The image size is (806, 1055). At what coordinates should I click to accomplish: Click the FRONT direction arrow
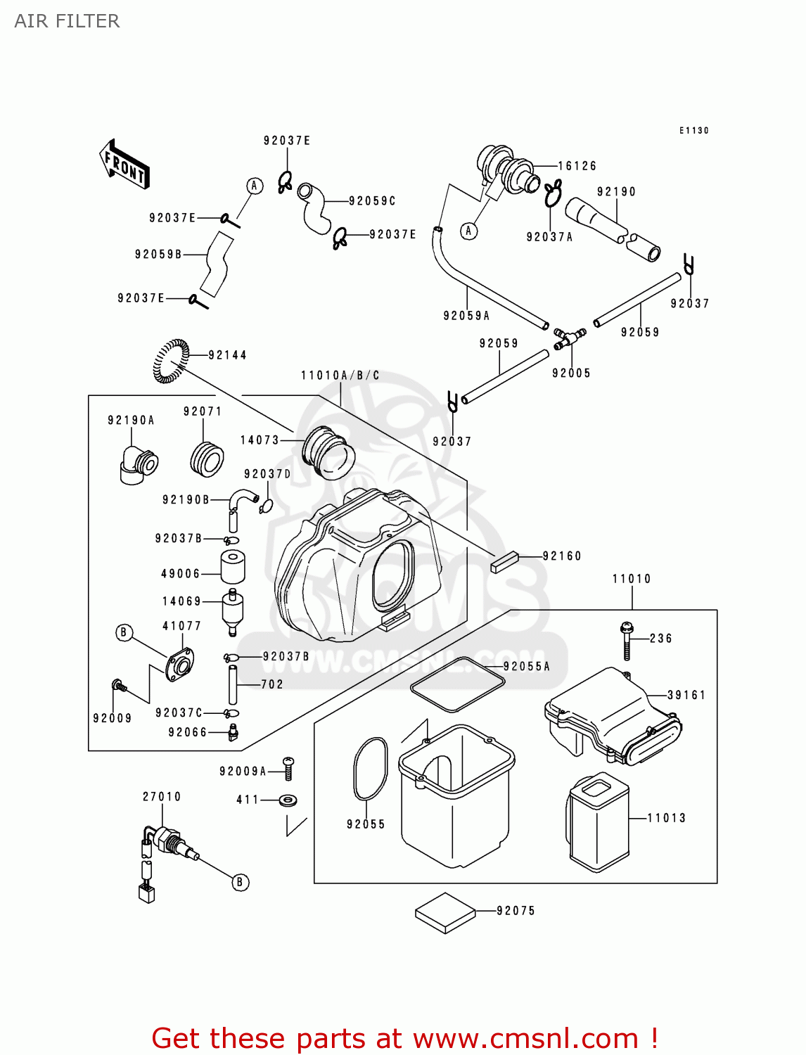point(124,165)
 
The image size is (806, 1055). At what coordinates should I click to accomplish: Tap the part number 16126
point(577,166)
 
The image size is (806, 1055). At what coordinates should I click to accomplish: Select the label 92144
point(227,355)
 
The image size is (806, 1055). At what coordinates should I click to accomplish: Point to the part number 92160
point(562,556)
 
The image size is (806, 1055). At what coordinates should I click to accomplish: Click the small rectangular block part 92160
point(504,562)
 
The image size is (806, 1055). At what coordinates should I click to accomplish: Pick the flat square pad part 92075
point(446,913)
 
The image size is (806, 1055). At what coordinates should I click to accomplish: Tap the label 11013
point(666,818)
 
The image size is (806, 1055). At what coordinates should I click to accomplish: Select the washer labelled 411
point(288,800)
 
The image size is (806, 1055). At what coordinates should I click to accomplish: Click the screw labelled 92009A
point(288,768)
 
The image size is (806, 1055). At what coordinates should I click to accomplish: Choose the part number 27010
point(162,797)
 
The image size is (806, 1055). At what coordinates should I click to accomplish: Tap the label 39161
point(686,695)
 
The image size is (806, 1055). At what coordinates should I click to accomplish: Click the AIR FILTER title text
point(67,21)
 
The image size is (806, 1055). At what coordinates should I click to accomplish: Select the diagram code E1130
point(693,131)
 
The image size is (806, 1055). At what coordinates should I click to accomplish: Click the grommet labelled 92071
point(207,459)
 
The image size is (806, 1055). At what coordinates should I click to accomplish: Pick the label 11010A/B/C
point(340,376)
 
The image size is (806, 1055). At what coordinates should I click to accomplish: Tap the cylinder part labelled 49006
point(233,567)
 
